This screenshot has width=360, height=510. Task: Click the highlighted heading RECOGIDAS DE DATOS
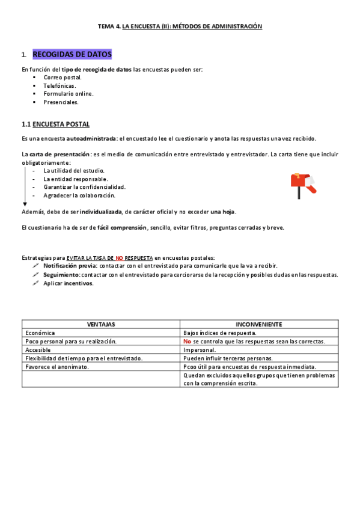(72, 55)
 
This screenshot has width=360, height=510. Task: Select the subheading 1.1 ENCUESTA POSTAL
(55, 124)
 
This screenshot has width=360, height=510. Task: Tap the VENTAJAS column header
(101, 324)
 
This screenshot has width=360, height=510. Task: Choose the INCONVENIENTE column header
(259, 324)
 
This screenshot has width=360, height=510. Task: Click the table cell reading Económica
(40, 333)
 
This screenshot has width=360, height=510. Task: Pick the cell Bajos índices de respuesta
(220, 333)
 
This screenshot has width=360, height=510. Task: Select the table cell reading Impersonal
(200, 349)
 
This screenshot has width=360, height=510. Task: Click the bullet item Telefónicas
(58, 85)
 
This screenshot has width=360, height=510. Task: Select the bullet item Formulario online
(68, 94)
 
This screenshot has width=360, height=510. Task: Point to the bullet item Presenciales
(61, 102)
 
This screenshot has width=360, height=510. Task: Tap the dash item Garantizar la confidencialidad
(84, 187)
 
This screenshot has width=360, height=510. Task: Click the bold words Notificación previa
(69, 266)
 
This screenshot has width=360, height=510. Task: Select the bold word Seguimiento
(62, 275)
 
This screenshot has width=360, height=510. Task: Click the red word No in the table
(187, 341)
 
